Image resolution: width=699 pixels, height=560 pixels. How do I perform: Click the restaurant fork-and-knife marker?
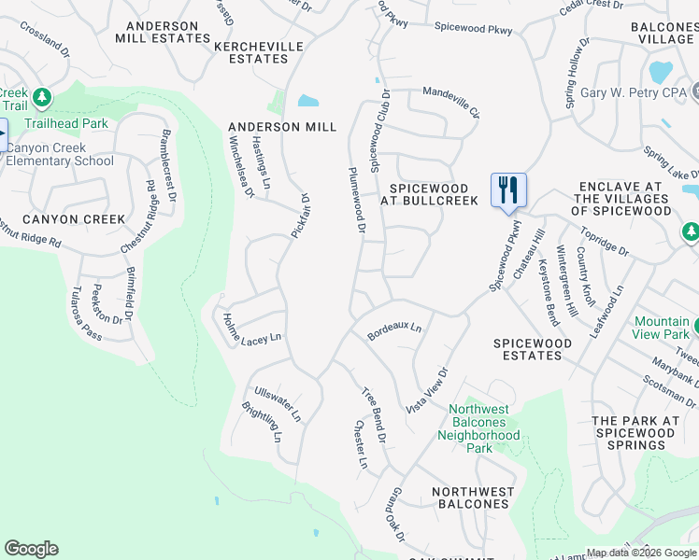coord(508,190)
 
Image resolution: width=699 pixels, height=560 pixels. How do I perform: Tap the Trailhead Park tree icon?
coord(41,97)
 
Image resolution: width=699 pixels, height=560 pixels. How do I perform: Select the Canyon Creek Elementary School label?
coord(60,154)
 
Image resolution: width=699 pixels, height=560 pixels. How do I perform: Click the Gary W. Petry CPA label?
coord(634,92)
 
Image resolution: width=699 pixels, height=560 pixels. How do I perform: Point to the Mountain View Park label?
coord(661,328)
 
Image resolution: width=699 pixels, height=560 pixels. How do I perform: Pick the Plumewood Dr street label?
coord(355,197)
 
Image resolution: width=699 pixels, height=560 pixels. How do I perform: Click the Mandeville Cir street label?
coord(450,101)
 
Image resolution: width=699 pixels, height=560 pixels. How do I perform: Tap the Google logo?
coord(31,549)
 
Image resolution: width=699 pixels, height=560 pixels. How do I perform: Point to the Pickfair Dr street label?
coord(299,216)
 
